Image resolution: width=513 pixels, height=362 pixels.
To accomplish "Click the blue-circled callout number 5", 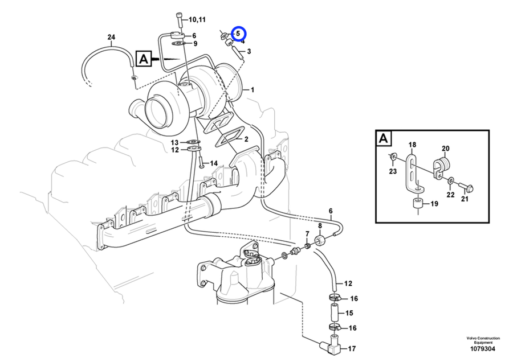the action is [x=238, y=34].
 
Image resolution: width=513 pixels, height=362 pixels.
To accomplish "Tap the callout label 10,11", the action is [x=197, y=19].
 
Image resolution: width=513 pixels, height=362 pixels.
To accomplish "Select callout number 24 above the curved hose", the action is [x=111, y=37].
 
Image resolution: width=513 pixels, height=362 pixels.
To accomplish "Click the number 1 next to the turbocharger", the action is [x=253, y=89].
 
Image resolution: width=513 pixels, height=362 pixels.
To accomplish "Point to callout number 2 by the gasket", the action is [x=246, y=139].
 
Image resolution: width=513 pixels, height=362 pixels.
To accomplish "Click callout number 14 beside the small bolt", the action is [x=214, y=163].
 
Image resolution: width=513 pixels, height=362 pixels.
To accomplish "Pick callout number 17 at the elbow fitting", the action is [x=352, y=349].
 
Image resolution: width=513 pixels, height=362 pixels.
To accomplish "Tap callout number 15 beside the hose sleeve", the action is [x=349, y=313].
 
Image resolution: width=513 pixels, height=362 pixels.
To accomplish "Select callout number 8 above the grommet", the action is [x=320, y=226].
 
